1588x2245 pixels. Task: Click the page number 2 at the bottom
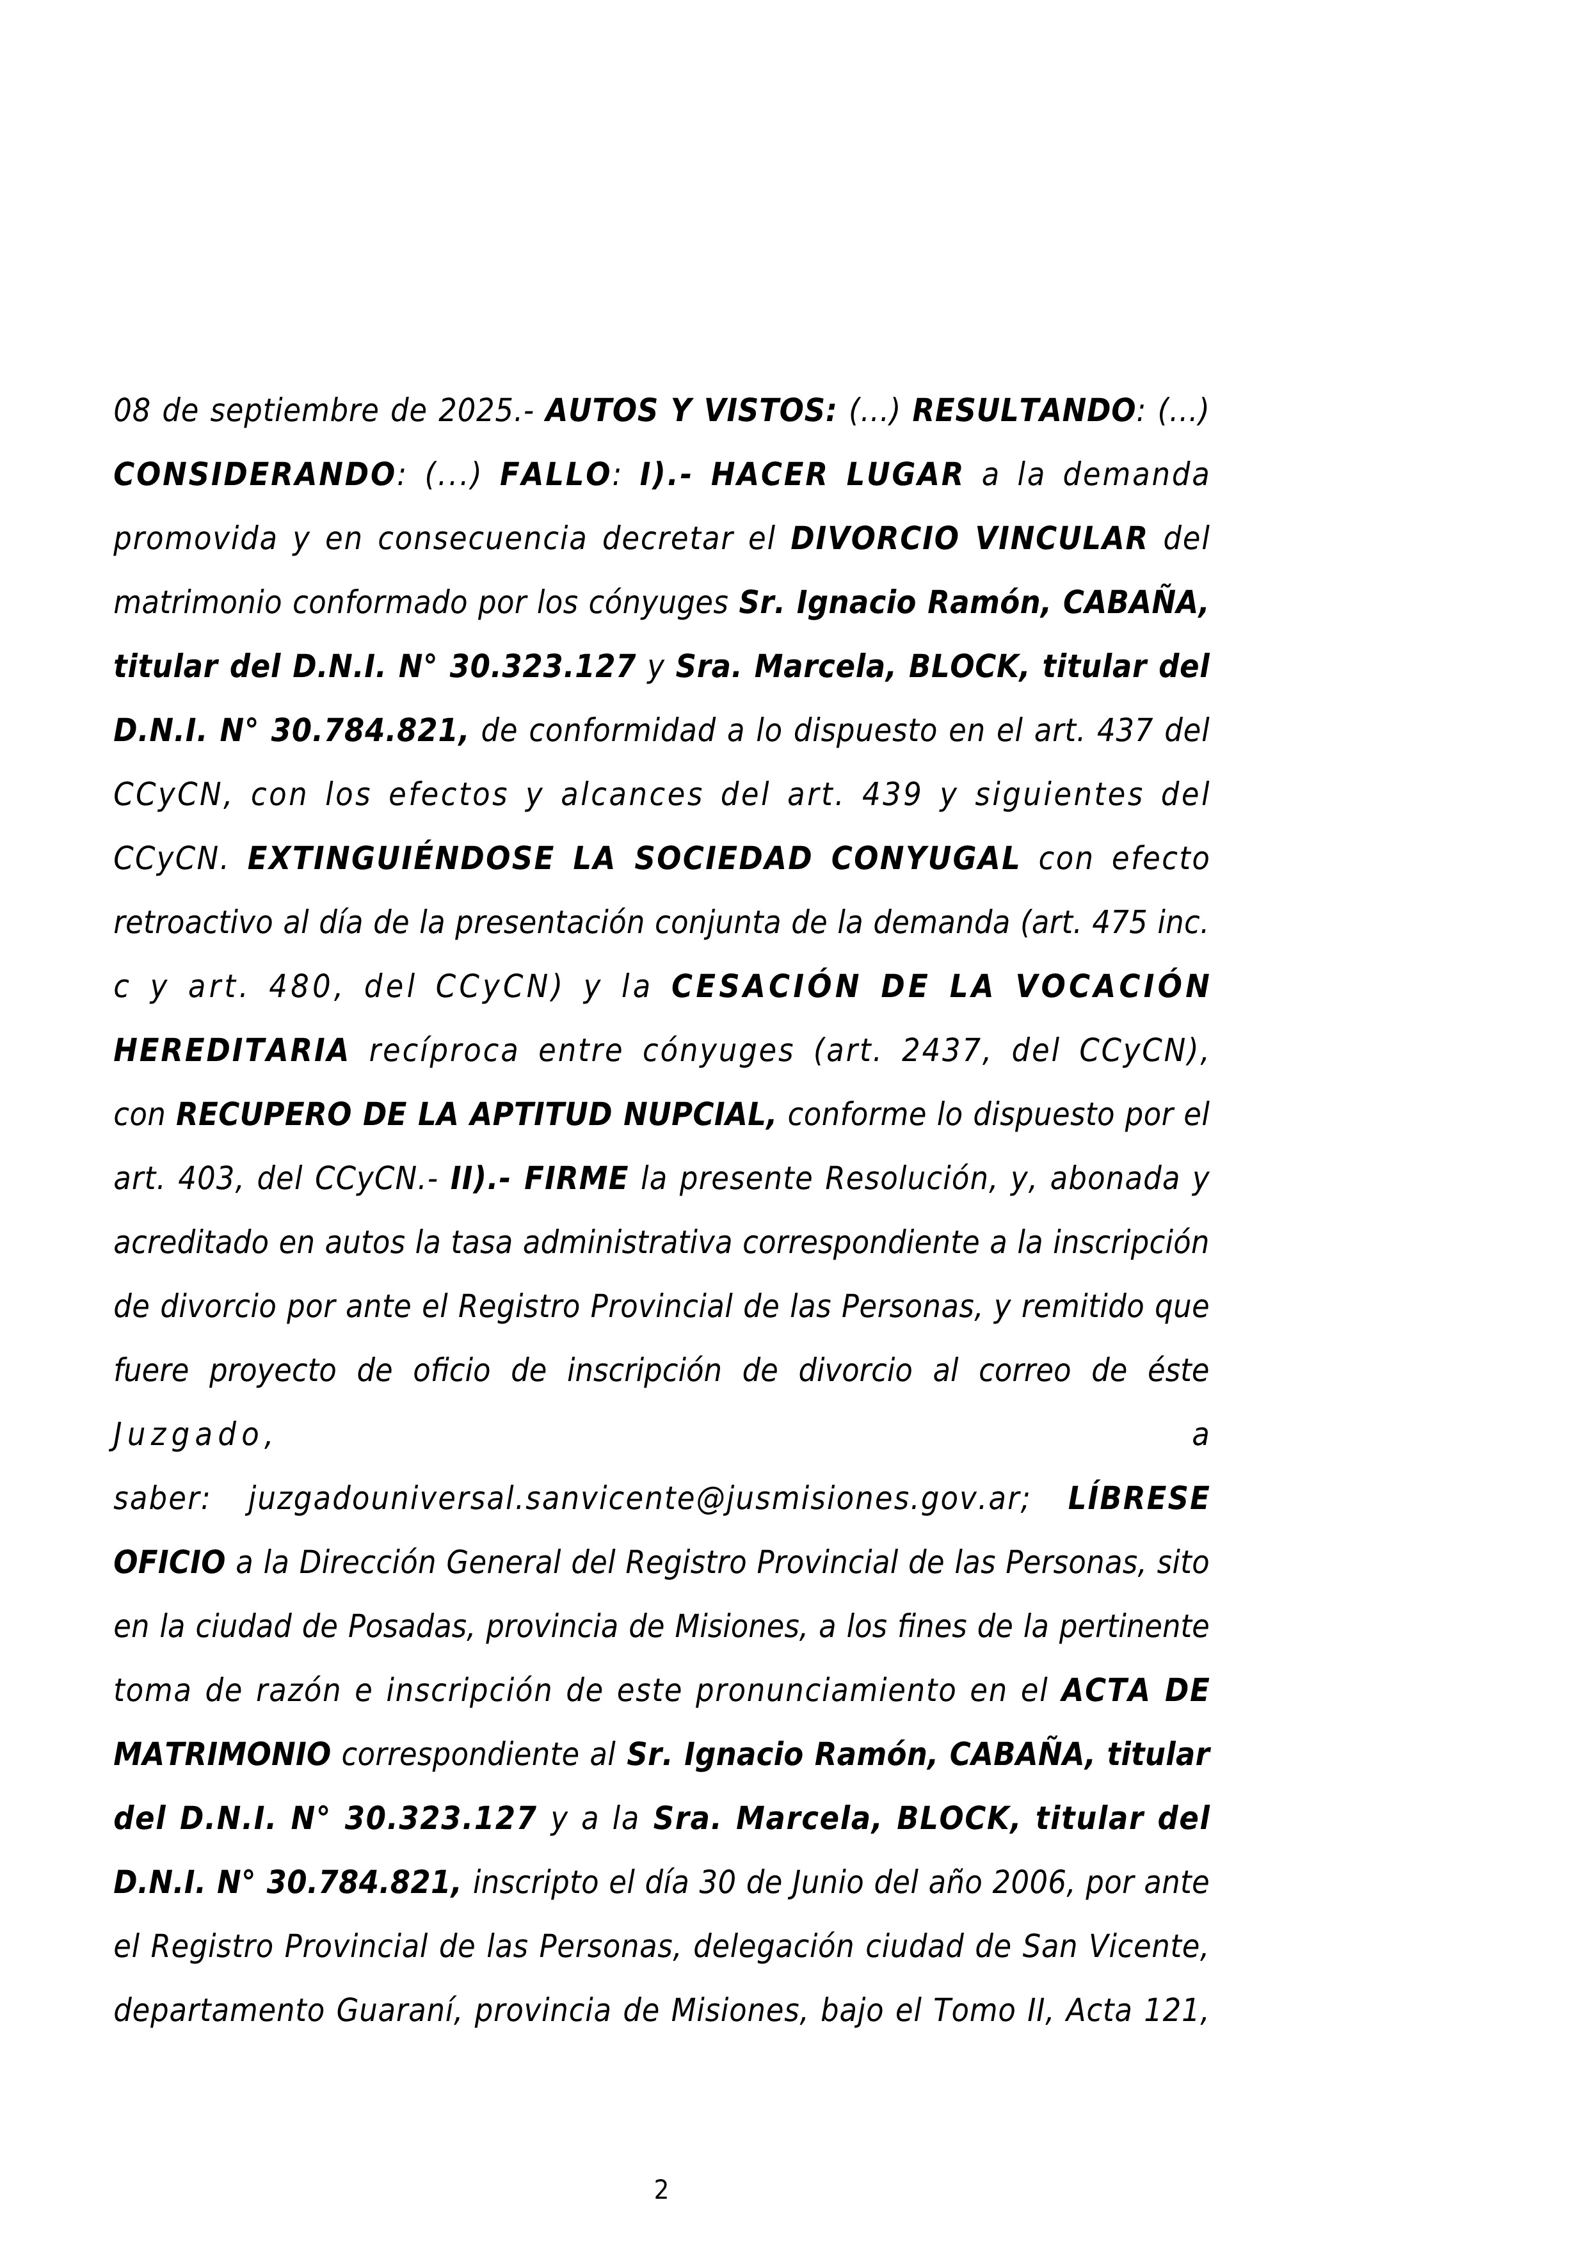point(661,2190)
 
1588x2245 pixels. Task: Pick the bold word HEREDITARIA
point(232,1051)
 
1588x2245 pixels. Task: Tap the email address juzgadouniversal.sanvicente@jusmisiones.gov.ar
point(639,1499)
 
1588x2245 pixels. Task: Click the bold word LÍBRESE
point(1138,1499)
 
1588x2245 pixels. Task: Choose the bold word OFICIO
point(169,1563)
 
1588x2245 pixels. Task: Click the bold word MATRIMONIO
point(222,1755)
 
